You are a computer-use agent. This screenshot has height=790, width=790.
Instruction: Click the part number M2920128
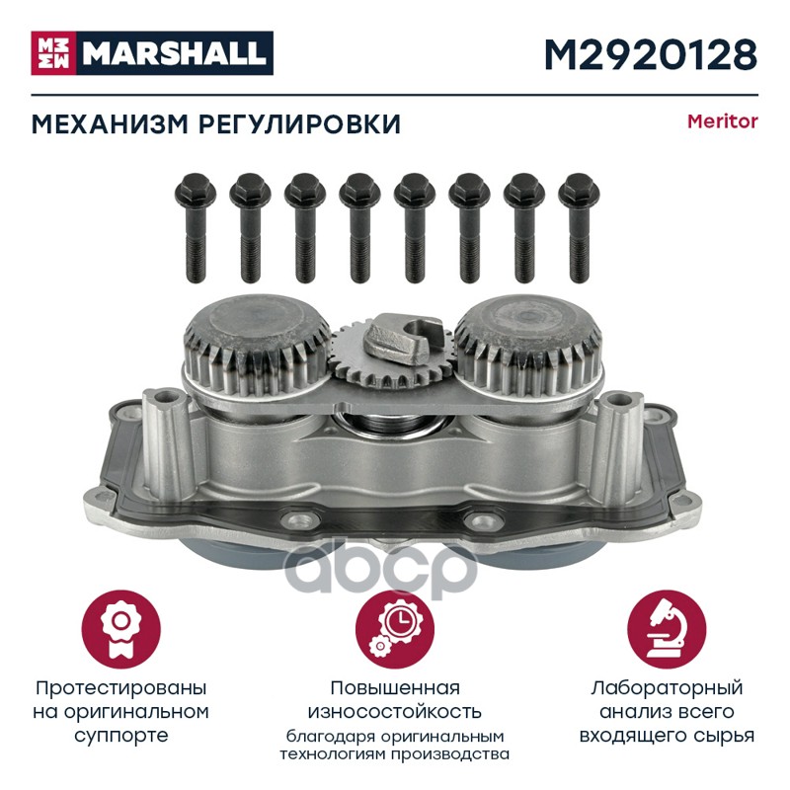point(651,54)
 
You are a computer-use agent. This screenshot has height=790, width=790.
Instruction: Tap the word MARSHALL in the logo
point(174,53)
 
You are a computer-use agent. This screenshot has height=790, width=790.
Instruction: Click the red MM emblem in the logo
point(53,53)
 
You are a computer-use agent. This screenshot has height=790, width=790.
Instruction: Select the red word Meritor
point(723,121)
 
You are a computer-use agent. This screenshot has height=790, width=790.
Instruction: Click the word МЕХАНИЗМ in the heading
point(111,124)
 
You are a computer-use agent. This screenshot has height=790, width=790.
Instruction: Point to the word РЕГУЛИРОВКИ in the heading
point(300,124)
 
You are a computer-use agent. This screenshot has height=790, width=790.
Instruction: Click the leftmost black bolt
point(196,228)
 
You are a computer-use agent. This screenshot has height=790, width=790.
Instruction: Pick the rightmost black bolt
point(579,228)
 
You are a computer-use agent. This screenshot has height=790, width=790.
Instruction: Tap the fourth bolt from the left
point(359,228)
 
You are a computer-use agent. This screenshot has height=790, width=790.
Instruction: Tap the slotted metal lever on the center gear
point(403,338)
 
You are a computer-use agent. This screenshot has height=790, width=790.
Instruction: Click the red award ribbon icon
point(120,629)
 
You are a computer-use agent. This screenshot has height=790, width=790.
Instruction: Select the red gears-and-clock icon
point(395,629)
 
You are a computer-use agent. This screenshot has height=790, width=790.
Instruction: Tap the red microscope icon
point(667,629)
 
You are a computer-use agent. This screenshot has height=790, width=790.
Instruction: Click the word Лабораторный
point(667,688)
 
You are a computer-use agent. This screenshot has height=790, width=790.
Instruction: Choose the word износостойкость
point(395,712)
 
